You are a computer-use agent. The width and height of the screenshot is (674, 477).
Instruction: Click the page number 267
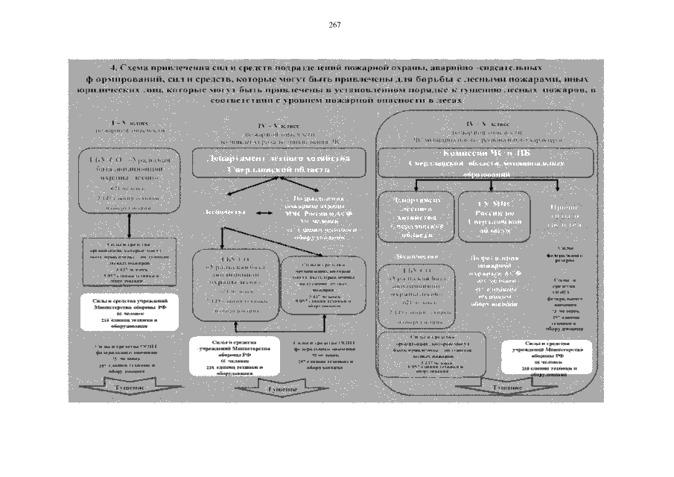click(x=334, y=25)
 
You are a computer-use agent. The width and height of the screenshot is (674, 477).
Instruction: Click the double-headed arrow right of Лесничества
click(x=265, y=213)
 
